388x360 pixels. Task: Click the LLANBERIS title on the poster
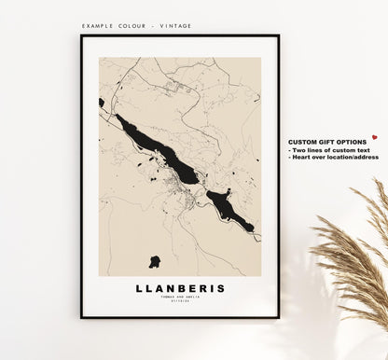[x=180, y=288]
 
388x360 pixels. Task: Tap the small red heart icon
[x=374, y=136]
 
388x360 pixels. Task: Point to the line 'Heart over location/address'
[x=334, y=157]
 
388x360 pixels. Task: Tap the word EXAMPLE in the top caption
[x=98, y=26]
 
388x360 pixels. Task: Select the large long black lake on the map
[x=158, y=149]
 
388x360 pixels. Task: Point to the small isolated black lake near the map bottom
[x=154, y=261]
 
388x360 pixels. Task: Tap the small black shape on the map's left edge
[x=101, y=103]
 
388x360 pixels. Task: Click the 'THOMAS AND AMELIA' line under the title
[x=180, y=297]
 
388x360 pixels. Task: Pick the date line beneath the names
[x=180, y=301]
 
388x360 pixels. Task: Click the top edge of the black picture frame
[x=180, y=36]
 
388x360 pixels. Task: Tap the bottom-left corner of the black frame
[x=82, y=316]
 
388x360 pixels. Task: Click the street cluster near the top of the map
[x=177, y=89]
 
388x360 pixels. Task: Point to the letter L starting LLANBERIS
[x=140, y=288]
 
